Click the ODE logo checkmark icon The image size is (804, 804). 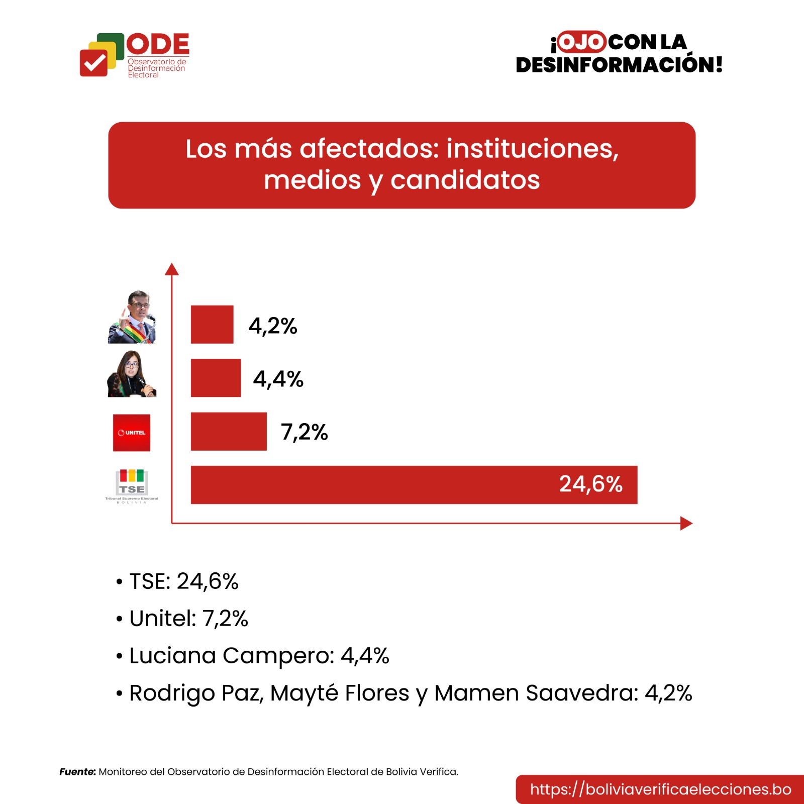pos(94,63)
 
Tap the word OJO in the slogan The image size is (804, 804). pos(581,42)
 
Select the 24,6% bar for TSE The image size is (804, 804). pos(414,485)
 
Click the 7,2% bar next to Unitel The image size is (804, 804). pos(229,432)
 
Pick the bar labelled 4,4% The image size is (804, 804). pos(216,378)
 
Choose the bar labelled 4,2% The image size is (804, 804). pos(212,325)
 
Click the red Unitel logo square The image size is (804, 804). pos(132,433)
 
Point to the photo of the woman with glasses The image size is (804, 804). pos(132,374)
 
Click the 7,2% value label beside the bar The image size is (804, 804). pos(304,432)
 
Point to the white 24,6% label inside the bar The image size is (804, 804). pos(590,484)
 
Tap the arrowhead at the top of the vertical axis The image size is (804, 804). pos(172,269)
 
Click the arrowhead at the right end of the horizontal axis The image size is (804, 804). pos(686,524)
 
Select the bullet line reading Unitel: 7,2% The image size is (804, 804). pos(188,619)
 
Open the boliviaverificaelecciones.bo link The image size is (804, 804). pos(660,789)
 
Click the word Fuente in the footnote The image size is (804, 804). pos(77,772)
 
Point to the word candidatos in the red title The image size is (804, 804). pos(465,180)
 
